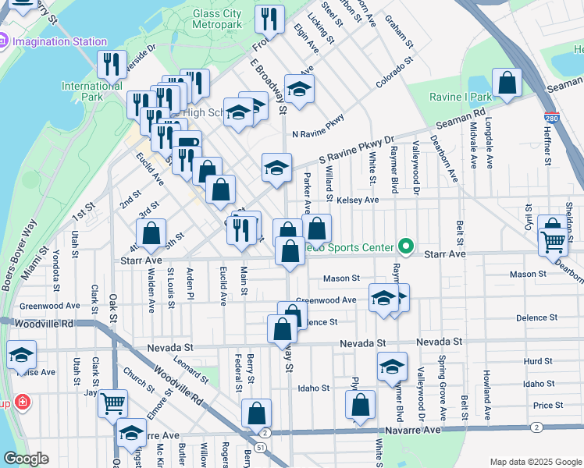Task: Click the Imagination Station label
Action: click(x=60, y=41)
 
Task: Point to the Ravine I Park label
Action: click(x=461, y=97)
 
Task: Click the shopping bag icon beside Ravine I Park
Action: click(x=507, y=83)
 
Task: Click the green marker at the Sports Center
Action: click(x=405, y=247)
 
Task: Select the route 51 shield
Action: click(x=259, y=446)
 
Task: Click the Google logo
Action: click(x=26, y=459)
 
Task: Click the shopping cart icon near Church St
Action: click(x=113, y=403)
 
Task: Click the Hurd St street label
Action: click(x=538, y=361)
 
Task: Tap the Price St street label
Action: click(x=548, y=406)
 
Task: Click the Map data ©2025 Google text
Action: click(x=535, y=462)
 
